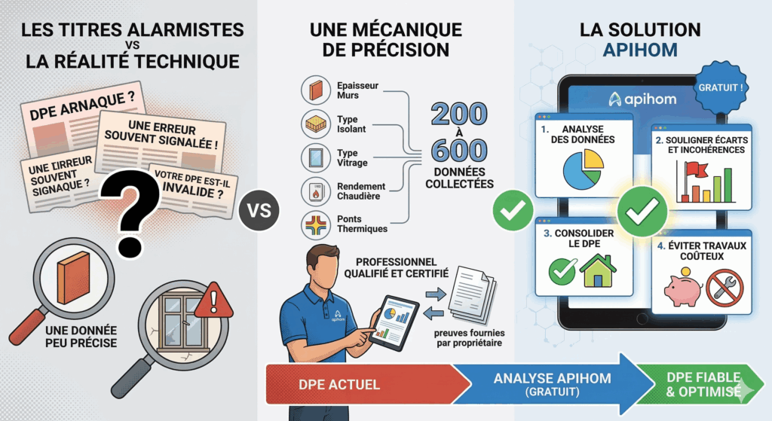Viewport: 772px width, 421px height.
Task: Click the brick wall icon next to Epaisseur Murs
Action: click(x=316, y=90)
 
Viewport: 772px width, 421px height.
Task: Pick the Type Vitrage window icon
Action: click(x=316, y=157)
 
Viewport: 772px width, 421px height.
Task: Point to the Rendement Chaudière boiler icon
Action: click(x=316, y=191)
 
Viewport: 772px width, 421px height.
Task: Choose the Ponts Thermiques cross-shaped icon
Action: click(x=316, y=224)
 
